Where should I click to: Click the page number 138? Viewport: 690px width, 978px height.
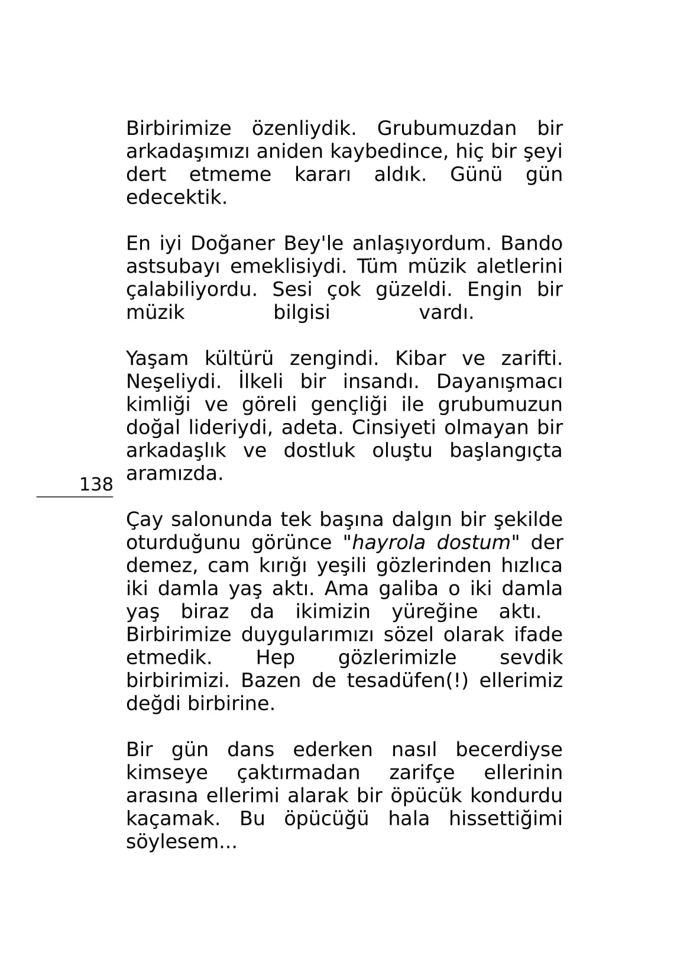[x=96, y=485]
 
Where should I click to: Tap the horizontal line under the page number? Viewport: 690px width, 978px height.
[x=74, y=497]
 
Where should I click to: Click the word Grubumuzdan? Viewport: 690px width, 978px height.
[x=446, y=128]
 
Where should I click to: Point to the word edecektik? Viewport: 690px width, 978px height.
[x=176, y=198]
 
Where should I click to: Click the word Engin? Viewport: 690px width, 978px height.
[x=494, y=290]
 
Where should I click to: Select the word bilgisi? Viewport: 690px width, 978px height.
[x=302, y=312]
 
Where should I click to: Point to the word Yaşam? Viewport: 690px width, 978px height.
[x=157, y=359]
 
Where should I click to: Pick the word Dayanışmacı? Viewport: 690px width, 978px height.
[x=499, y=382]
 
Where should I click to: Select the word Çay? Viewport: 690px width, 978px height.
[x=144, y=519]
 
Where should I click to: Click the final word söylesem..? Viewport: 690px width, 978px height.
[x=181, y=842]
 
